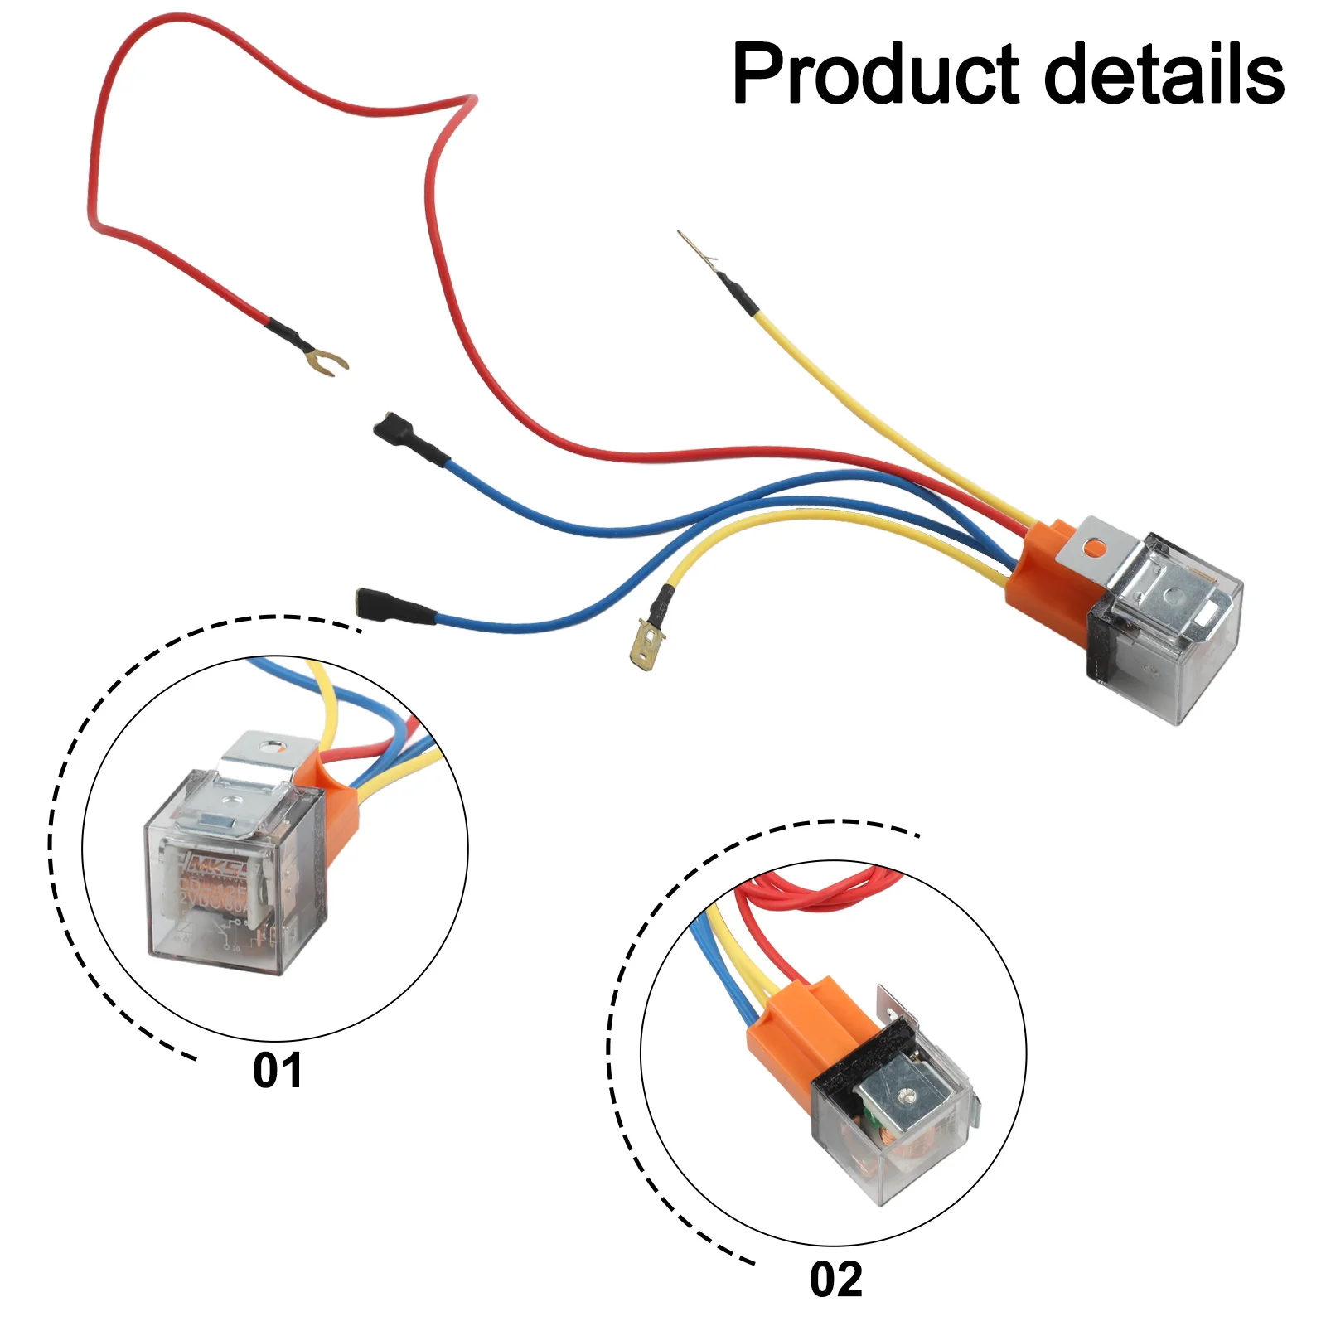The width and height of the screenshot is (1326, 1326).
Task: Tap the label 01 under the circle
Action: [x=278, y=1071]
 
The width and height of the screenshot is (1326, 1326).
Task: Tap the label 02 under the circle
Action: [x=836, y=1280]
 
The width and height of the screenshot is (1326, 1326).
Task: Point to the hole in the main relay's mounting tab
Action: [x=1096, y=546]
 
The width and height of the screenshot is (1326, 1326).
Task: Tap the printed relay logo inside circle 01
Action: [x=215, y=867]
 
